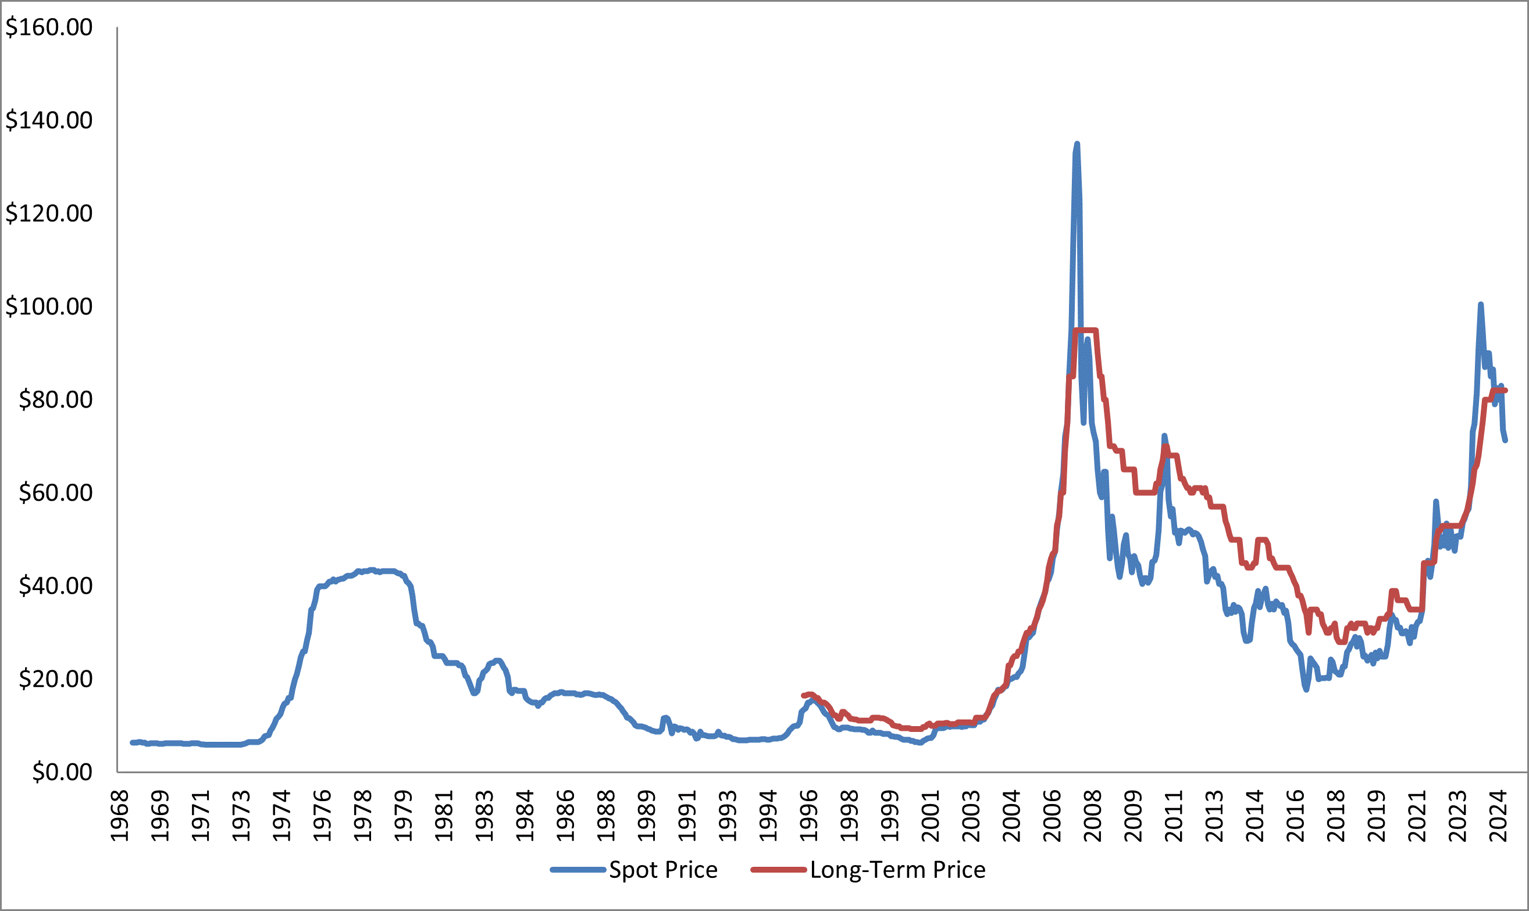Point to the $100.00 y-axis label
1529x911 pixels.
(x=49, y=306)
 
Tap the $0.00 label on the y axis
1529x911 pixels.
(x=62, y=771)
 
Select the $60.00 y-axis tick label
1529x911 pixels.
(x=55, y=492)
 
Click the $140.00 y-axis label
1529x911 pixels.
(x=49, y=120)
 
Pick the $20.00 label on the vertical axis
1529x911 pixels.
(x=55, y=679)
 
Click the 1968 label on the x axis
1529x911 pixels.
(x=120, y=816)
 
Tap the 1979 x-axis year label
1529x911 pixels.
(x=403, y=816)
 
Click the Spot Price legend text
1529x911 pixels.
(x=663, y=870)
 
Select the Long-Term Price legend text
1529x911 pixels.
(x=898, y=870)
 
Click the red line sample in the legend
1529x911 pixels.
(x=778, y=870)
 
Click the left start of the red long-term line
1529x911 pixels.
(x=803, y=695)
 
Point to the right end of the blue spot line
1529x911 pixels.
(x=1505, y=440)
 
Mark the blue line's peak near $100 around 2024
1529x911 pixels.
(x=1481, y=305)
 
